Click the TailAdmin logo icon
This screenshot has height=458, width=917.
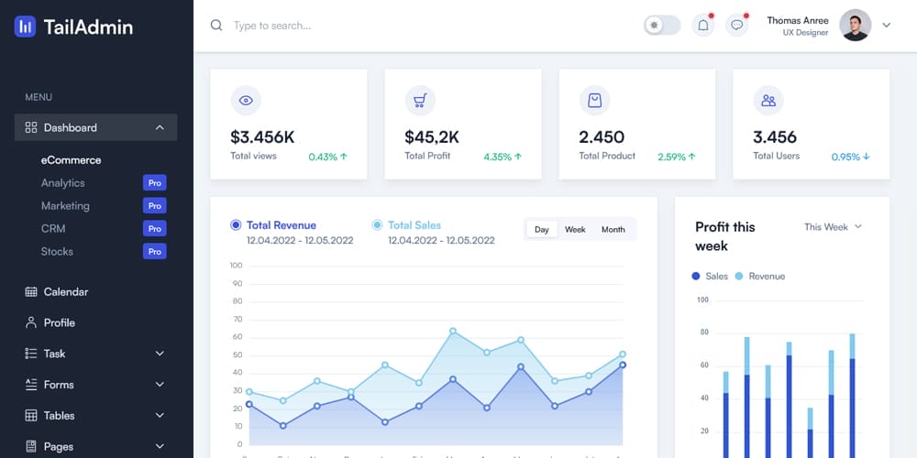26,27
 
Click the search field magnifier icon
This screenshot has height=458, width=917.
216,26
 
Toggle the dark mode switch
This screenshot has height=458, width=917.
662,26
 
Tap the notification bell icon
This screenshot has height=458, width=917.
703,26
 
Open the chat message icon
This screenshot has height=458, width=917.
736,26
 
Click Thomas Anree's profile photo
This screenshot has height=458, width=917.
855,26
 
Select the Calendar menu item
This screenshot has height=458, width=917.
66,291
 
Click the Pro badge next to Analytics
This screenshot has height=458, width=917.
155,183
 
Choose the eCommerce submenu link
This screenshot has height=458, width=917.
71,159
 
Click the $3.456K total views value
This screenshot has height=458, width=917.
262,137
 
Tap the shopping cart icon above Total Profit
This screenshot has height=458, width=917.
420,101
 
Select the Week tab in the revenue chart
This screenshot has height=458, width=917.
575,229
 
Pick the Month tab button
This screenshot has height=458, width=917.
613,229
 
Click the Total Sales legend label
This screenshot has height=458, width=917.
414,224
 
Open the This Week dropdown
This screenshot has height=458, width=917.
833,226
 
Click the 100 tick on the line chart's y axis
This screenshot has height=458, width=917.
236,266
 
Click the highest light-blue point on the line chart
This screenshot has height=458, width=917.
453,332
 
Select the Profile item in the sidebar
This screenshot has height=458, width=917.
60,322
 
